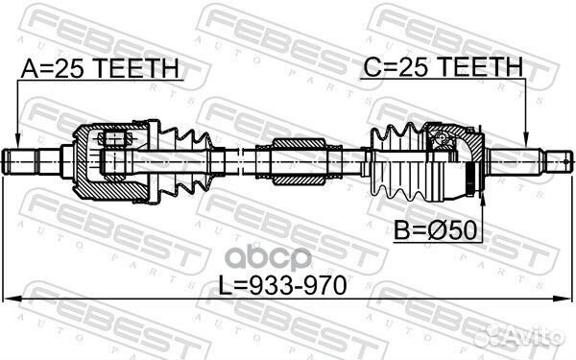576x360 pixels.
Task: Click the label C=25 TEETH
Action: [x=443, y=67]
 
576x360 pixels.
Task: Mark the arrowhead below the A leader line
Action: [x=18, y=141]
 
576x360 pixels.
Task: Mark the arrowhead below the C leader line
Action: [x=525, y=141]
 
